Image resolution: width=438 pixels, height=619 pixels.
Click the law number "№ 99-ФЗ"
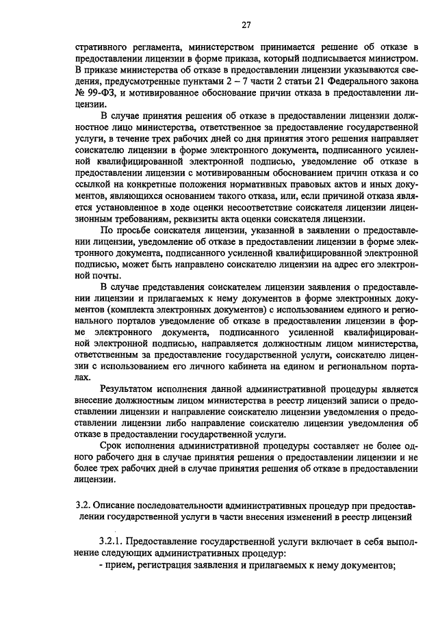[x=91, y=92]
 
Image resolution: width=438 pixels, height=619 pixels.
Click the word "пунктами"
[x=184, y=81]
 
